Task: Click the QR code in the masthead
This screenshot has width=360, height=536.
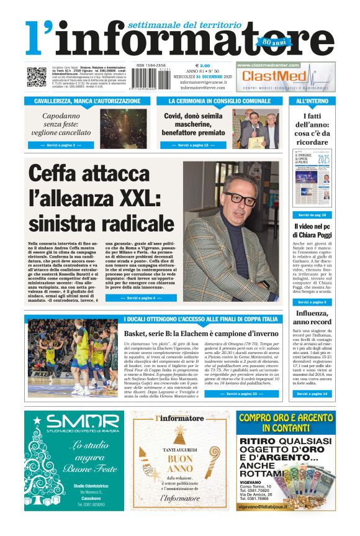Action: click(x=36, y=76)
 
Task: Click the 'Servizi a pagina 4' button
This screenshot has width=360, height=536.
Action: click(x=141, y=298)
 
